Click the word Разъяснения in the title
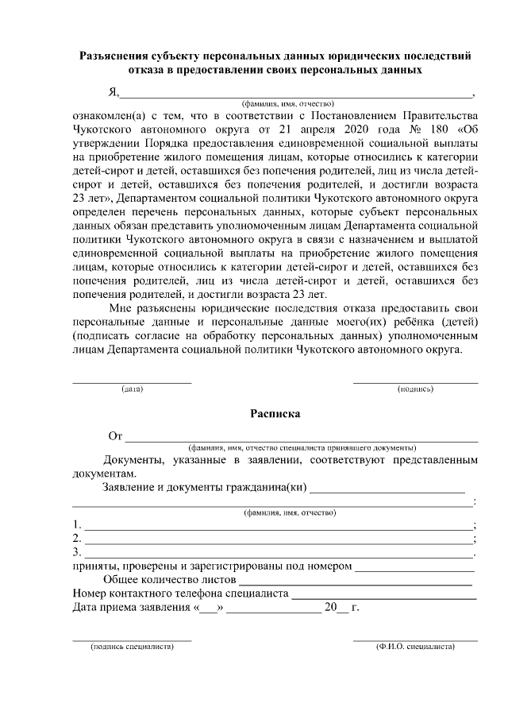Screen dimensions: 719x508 pos(116,56)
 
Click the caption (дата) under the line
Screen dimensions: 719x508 pos(132,390)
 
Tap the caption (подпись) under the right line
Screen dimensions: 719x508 pos(415,390)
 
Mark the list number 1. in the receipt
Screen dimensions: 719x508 pos(76,524)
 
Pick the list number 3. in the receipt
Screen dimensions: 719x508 pos(76,551)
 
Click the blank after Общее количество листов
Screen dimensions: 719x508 pos(356,580)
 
